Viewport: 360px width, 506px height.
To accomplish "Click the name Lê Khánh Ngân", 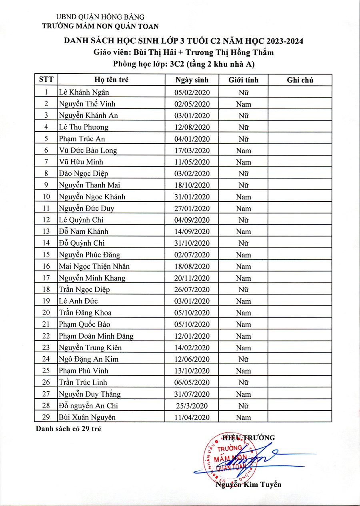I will click(84, 92).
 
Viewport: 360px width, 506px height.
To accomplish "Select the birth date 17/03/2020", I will click(192, 151).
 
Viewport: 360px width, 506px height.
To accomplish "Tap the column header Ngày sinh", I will click(192, 80).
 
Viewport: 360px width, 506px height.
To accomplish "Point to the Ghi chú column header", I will click(300, 80).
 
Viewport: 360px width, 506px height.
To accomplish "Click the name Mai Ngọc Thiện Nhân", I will click(94, 267).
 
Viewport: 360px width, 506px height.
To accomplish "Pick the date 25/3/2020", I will click(192, 406).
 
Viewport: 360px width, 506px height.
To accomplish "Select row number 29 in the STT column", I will click(46, 417).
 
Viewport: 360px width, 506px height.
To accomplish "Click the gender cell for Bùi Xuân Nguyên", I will click(243, 418).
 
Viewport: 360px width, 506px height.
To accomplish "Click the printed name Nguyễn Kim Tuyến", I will click(248, 484).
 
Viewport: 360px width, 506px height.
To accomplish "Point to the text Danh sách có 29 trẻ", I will click(68, 429).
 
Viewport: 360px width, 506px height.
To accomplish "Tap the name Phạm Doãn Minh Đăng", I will click(96, 336).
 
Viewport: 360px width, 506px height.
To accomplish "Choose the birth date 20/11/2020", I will click(192, 278).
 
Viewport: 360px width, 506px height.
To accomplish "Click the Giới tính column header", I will click(243, 80).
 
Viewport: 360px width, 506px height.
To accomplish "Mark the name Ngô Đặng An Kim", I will click(88, 359).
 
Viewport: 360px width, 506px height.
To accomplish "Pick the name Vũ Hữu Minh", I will click(81, 162).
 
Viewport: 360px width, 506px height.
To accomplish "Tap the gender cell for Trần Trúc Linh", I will click(243, 383).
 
